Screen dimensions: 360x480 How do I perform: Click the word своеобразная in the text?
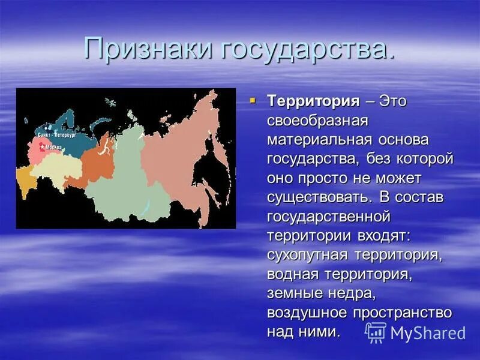point(317,120)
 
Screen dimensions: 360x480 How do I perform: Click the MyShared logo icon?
point(376,332)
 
